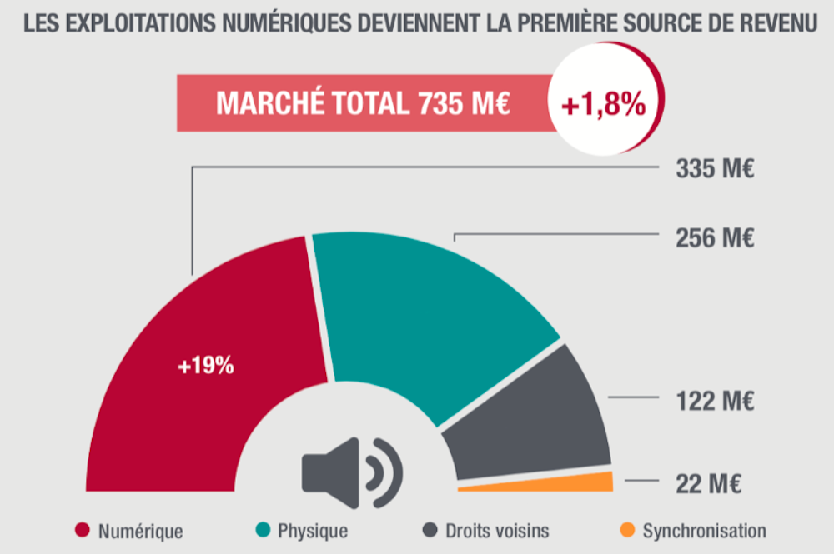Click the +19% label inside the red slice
(205, 366)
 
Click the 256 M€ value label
(714, 237)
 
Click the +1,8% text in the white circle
(603, 105)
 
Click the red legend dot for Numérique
(83, 530)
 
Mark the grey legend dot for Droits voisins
(430, 530)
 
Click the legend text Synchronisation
(704, 530)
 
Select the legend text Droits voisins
(497, 530)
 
